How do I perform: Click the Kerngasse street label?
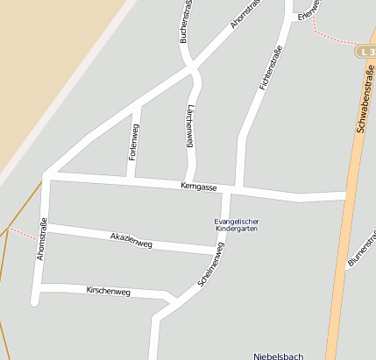pos(198,187)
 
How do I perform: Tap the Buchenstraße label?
pos(185,22)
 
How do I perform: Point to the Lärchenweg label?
pos(190,127)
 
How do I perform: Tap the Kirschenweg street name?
pos(108,291)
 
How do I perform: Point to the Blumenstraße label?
pos(361,253)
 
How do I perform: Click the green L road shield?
pos(365,52)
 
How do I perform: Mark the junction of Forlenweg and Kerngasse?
pos(130,179)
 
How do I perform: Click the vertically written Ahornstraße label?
pos(40,239)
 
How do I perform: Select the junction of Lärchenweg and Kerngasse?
pos(189,182)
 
